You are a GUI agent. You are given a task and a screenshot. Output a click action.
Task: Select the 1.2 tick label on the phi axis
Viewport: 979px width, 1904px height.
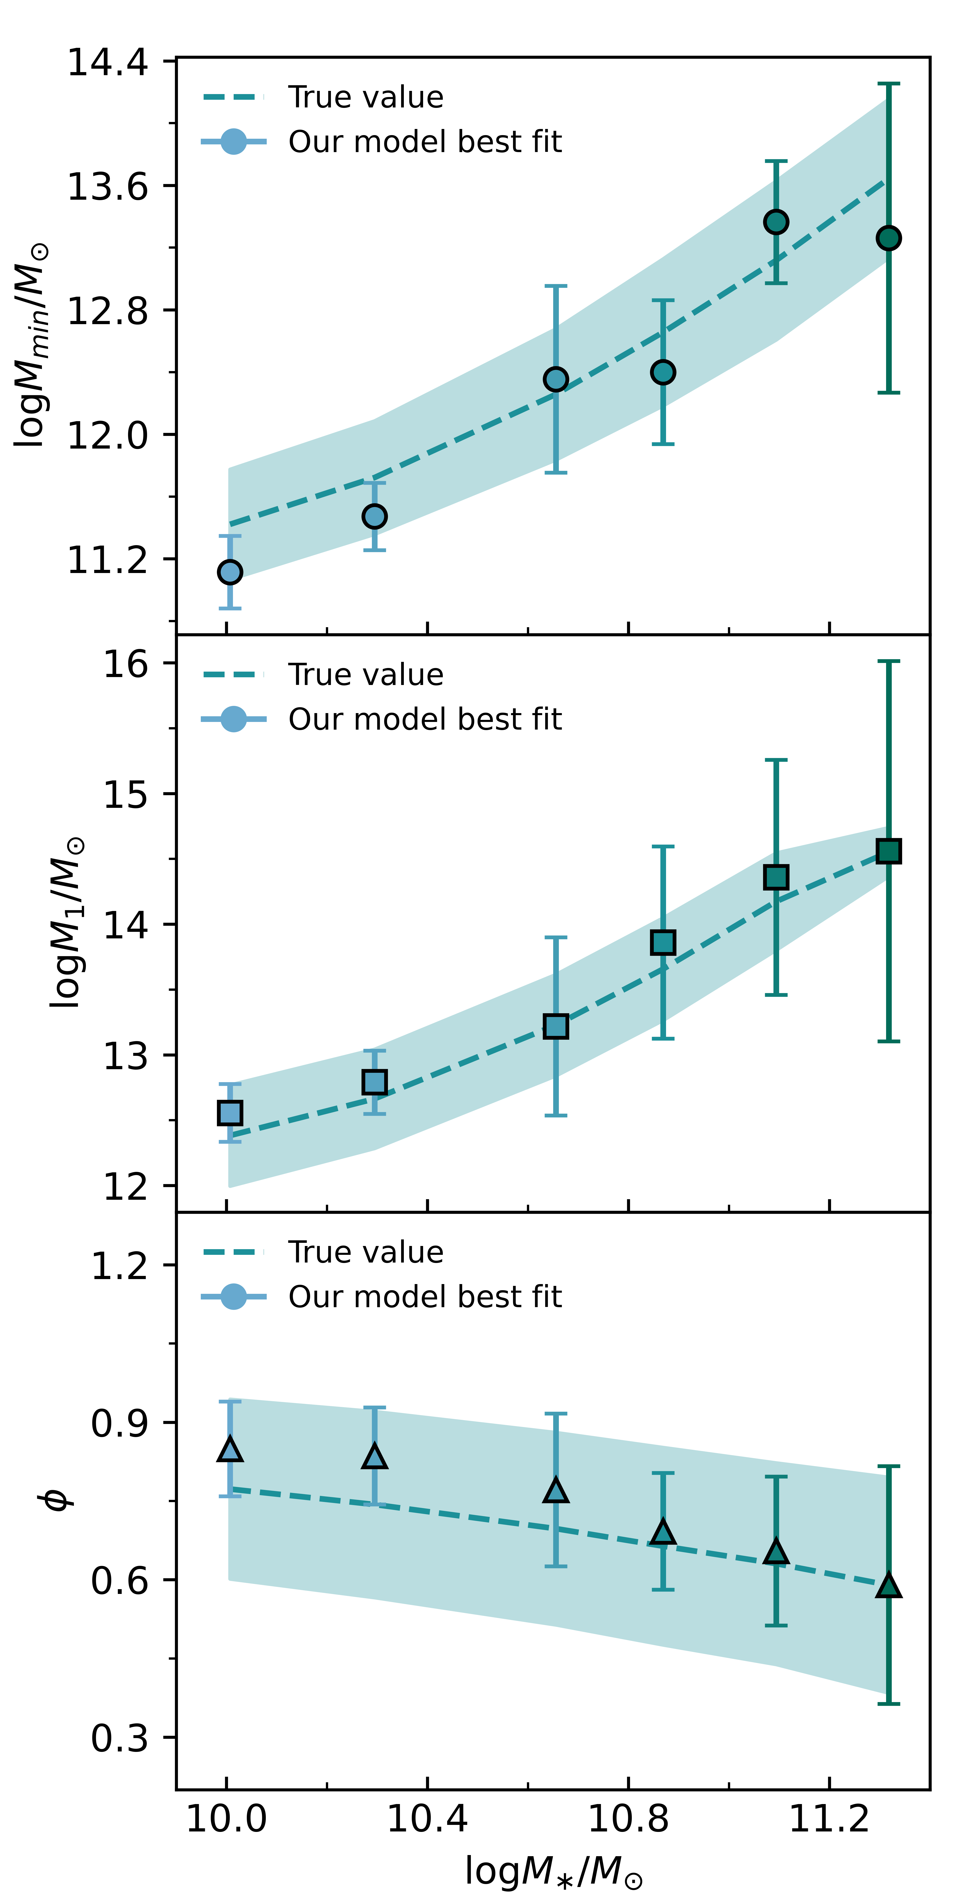119,1265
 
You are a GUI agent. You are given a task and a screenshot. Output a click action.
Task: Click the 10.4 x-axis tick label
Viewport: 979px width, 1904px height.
427,1818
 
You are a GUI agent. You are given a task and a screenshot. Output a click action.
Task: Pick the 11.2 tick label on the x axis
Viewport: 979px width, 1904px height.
829,1818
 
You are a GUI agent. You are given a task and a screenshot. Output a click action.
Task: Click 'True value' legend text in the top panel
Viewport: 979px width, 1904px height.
366,97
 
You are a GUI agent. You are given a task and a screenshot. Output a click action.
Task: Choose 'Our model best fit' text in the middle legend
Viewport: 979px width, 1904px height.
425,719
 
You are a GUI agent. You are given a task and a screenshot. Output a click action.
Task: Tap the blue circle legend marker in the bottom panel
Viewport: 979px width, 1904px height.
233,1297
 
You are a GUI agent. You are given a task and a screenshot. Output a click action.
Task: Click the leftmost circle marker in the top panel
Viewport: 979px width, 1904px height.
230,571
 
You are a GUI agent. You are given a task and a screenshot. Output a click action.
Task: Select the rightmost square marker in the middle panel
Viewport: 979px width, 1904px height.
888,851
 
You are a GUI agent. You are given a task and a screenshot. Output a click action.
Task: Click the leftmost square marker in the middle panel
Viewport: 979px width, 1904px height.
230,1112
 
